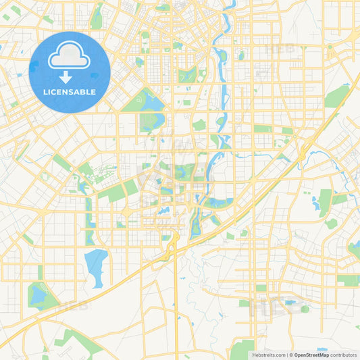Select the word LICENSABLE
[70, 91]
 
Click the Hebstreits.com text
[267, 355]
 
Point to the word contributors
[344, 355]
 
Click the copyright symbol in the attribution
[290, 355]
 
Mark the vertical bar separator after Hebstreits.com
[286, 355]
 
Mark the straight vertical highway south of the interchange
[176, 304]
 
